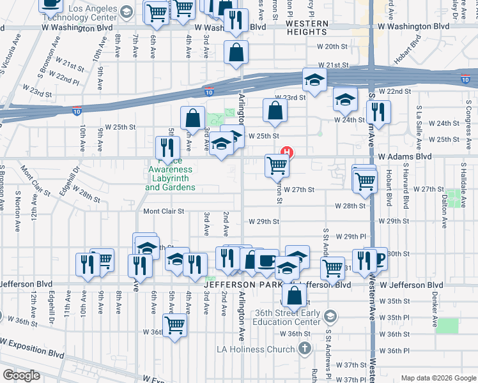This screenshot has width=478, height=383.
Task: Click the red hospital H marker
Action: coord(288,153)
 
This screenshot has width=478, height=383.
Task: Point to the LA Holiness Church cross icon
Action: coord(305,348)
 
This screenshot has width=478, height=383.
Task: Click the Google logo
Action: coord(21,375)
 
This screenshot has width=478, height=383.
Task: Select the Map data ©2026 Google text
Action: coord(438,378)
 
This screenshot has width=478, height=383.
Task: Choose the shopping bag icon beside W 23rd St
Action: coord(275,111)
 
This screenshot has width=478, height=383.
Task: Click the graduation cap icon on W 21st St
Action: coord(314,80)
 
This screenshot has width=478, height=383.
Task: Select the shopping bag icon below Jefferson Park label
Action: coord(293,297)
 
